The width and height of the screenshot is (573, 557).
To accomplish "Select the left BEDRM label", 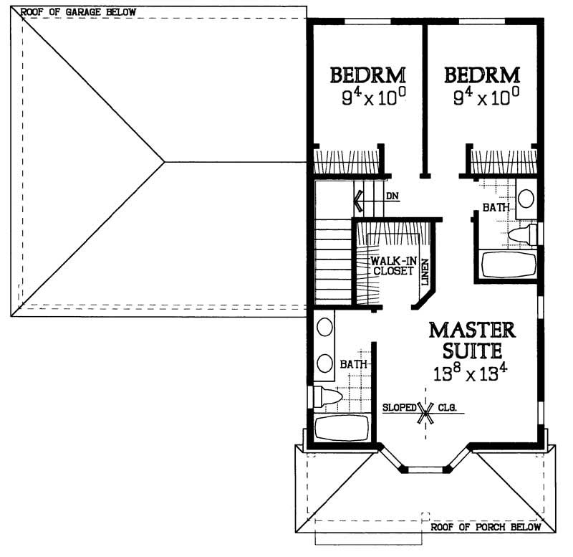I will pos(368,75).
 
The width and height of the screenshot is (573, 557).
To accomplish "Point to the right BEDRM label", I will pos(482,75).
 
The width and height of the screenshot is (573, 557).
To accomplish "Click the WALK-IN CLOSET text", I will pos(392,267).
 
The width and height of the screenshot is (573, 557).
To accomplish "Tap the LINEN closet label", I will pos(425,273).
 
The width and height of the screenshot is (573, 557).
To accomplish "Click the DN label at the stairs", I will pos(392,195).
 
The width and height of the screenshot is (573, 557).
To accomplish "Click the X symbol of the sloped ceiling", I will pos(427,411).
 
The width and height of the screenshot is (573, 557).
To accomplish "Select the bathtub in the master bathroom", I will pos(342,429).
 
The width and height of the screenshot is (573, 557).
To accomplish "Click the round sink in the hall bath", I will pos(526,198).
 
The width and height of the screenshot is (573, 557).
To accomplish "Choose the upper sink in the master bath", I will pos(324,328).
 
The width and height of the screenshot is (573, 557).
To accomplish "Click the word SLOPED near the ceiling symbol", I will pos(400,407).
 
